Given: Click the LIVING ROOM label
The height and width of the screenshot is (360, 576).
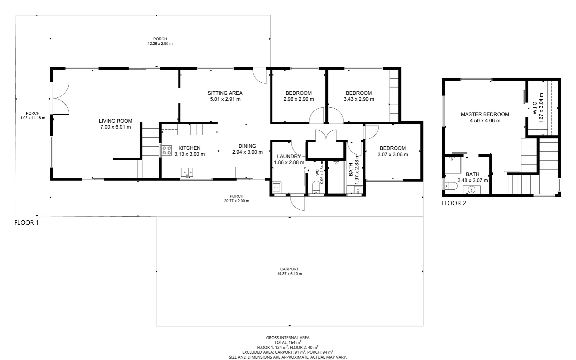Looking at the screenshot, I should coord(115,121).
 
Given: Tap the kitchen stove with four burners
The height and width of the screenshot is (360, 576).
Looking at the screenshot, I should coord(167,151).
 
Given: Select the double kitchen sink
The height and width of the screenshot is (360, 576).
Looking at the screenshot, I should coord(187,172).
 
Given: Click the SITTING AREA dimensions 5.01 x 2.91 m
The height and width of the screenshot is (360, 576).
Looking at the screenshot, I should coord(225,99).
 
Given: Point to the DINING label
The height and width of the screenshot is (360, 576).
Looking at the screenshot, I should coord(247,146).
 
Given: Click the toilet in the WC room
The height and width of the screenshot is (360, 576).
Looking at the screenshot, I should coord(316,188).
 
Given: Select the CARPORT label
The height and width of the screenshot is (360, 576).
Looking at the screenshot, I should coord(289,269).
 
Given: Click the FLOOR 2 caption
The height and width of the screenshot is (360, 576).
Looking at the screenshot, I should coord(453,203).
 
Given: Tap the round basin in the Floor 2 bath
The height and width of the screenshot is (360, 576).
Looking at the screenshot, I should coord(471,190).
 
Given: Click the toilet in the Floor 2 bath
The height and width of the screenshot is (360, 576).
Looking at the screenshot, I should coord(452,186).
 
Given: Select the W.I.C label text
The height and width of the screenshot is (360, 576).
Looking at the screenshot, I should coord(535,108).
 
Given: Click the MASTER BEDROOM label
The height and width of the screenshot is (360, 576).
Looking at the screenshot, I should coord(485,114).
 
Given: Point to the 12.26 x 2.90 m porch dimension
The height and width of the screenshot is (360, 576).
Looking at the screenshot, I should coord(160,44).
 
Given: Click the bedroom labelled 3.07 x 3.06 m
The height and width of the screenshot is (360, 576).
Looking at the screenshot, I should coord(392,151).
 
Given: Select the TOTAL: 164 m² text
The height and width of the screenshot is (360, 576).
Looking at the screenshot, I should coord(288,342).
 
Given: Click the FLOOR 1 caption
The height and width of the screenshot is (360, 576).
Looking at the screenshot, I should coord(27,223).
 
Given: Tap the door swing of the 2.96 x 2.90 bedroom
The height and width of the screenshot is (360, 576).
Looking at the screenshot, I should coord(316,115).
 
